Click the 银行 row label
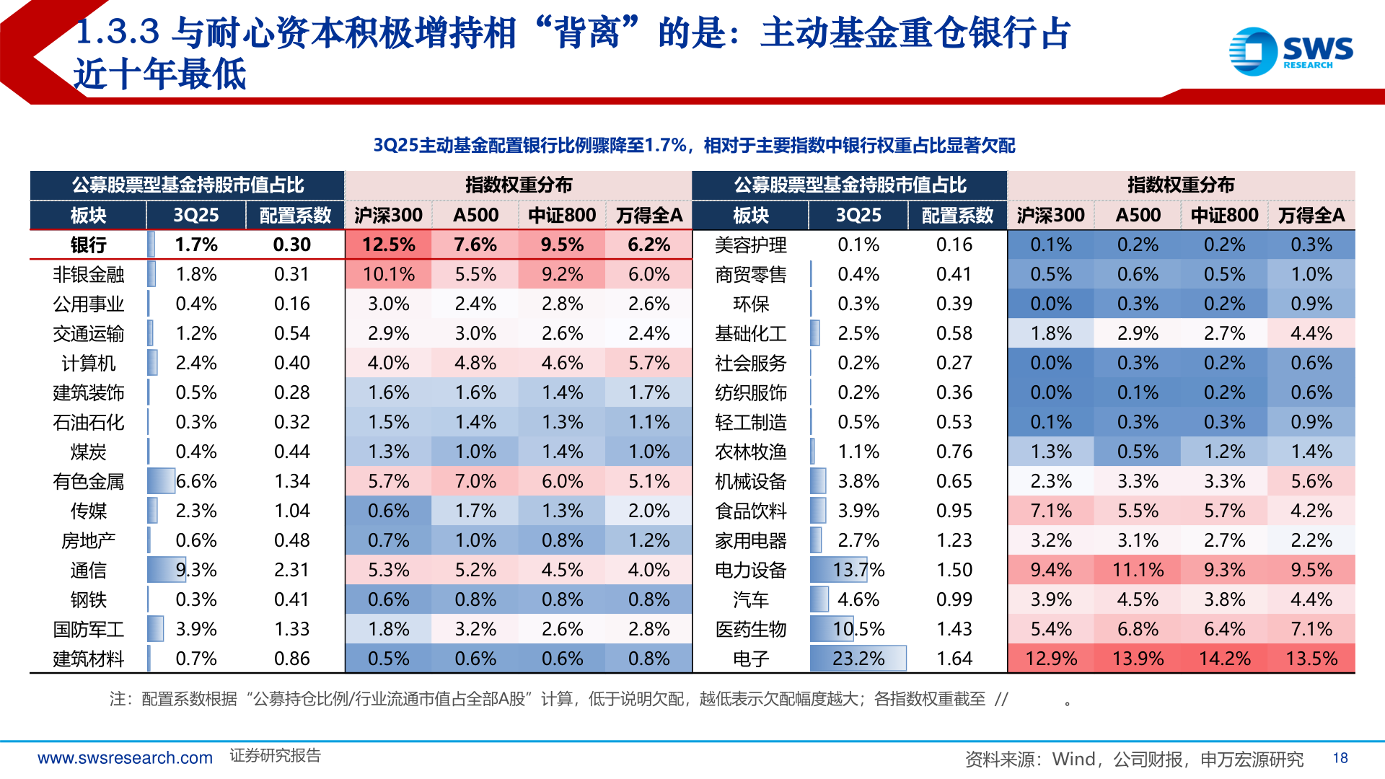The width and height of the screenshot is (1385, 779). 88,245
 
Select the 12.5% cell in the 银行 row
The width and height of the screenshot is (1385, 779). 388,245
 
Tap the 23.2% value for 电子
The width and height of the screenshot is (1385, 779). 858,659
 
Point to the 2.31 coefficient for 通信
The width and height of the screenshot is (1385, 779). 291,570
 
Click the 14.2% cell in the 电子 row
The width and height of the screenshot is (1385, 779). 1224,659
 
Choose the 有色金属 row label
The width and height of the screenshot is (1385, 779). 88,481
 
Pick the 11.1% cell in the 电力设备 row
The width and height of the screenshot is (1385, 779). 1138,570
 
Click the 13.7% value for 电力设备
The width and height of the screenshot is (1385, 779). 858,570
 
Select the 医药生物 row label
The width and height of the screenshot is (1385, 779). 750,629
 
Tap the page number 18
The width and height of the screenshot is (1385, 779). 1340,758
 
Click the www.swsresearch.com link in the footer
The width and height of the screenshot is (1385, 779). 125,758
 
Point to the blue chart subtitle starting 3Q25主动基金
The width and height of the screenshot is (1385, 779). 693,146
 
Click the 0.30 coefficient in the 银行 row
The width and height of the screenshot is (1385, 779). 291,245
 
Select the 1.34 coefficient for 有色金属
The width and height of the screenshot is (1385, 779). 291,481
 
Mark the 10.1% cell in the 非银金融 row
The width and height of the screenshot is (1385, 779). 388,274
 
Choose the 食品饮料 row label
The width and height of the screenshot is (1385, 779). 750,511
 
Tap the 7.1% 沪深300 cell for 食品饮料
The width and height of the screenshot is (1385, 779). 1050,511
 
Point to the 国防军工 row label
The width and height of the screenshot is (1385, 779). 88,629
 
